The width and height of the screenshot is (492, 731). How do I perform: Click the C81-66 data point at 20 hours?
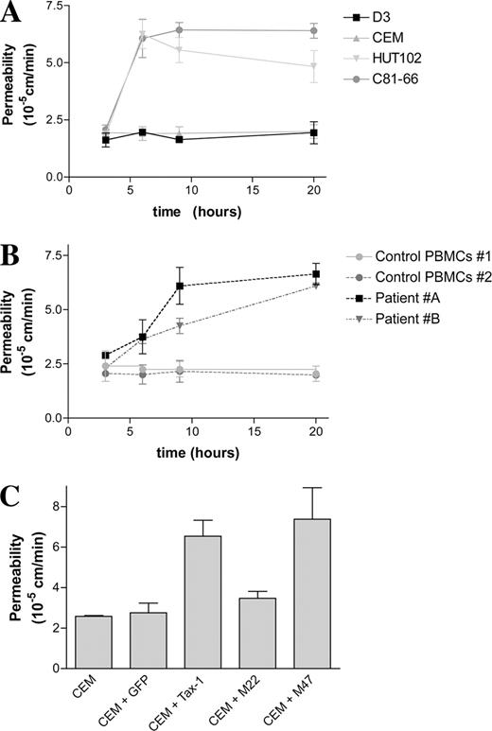313,31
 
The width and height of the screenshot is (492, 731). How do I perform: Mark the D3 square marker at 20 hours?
313,132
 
